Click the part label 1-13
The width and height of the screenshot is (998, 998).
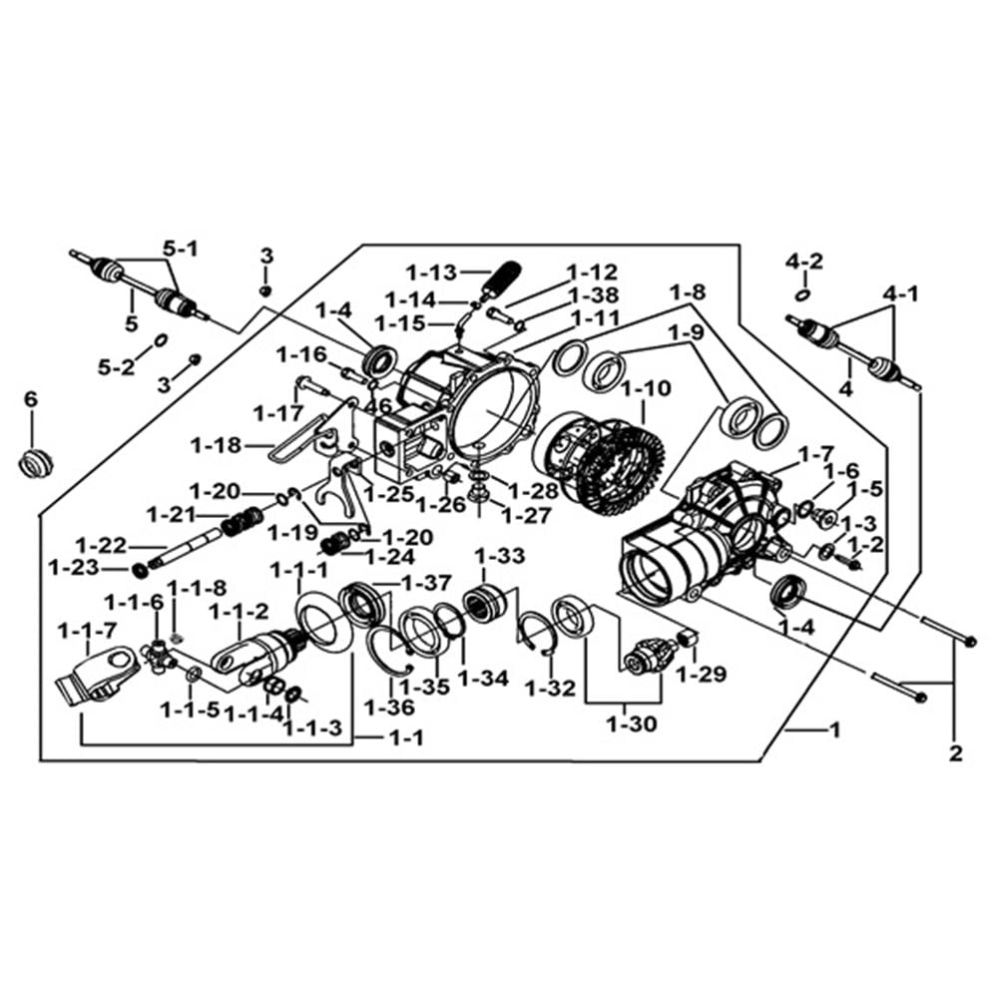click(432, 273)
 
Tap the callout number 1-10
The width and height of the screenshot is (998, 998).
click(646, 387)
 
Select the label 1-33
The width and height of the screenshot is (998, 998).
click(500, 556)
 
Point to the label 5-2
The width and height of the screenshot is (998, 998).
click(117, 367)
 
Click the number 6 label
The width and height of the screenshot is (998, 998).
click(31, 400)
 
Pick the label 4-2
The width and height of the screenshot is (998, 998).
click(803, 260)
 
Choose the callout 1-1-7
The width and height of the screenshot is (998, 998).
click(87, 632)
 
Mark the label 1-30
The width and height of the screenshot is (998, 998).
click(632, 724)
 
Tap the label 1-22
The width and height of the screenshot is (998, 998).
click(101, 546)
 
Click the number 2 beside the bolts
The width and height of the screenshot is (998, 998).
click(955, 754)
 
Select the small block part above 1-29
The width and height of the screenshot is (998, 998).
click(688, 637)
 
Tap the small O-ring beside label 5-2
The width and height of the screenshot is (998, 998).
click(161, 340)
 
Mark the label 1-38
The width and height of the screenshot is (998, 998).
click(594, 295)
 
